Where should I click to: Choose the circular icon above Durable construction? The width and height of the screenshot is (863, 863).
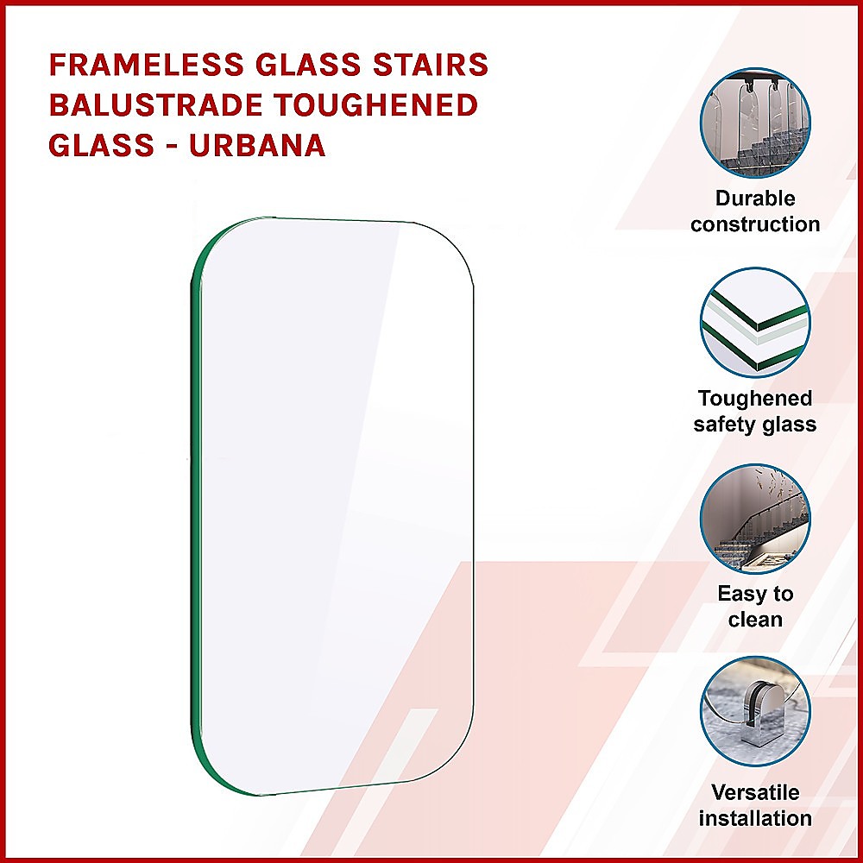pos(755,122)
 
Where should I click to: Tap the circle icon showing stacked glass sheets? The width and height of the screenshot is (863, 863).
pos(755,322)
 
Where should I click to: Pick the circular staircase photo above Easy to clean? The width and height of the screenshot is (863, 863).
pos(755,519)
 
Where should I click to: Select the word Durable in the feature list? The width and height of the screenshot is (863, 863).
pos(755,198)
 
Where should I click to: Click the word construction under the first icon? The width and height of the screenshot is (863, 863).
pos(755,224)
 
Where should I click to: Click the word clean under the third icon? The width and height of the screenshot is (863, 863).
pos(755,620)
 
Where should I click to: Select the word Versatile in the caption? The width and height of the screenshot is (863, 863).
pos(755,792)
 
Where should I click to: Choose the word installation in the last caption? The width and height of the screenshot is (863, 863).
pos(755,818)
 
